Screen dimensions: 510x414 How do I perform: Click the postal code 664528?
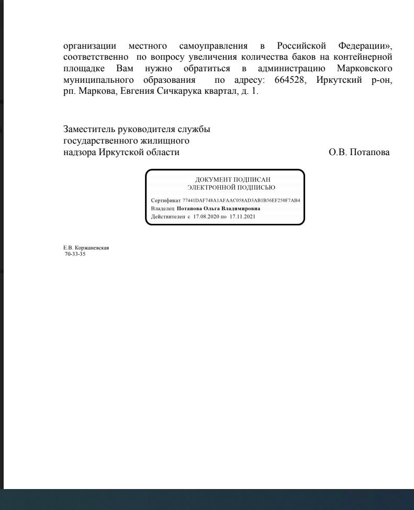289,81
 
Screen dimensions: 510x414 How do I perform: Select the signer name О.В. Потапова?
359,153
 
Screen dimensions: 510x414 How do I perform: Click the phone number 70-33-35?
75,254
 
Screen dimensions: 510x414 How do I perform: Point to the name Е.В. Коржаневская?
86,248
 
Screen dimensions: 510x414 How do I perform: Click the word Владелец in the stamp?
162,208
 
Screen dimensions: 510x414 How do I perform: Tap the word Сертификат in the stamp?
165,200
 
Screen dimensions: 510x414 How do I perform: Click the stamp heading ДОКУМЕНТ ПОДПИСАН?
232,180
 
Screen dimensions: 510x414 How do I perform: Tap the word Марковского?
364,69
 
